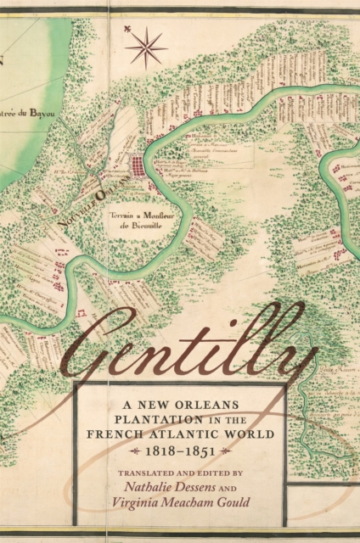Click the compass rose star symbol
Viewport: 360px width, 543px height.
[x=145, y=48]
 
